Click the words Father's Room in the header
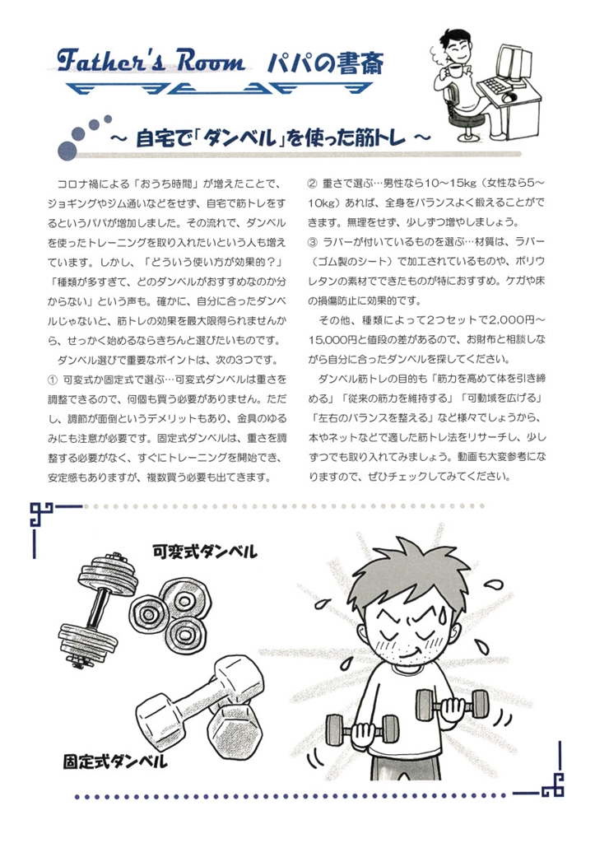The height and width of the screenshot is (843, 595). click(151, 60)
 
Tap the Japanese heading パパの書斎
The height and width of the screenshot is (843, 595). click(326, 63)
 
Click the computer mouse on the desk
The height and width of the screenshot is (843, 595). click(509, 98)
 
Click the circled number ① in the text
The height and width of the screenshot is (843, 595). click(52, 380)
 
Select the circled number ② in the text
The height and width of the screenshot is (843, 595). click(312, 184)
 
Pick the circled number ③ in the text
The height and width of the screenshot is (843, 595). click(312, 243)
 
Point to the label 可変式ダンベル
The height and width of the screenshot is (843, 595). click(205, 551)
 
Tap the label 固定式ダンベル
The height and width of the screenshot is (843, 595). click(115, 761)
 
